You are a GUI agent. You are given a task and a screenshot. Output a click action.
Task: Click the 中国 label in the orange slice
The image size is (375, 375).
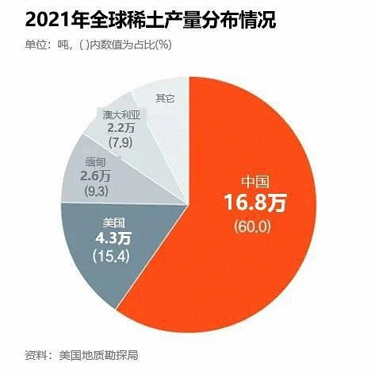[254, 180]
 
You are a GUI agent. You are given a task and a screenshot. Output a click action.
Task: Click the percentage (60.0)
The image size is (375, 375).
[254, 227]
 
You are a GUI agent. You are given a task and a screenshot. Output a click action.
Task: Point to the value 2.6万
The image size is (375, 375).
[96, 176]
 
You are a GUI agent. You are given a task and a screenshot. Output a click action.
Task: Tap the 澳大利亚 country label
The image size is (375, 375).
[123, 114]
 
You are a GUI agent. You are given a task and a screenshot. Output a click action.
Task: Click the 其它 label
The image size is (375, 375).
[165, 99]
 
